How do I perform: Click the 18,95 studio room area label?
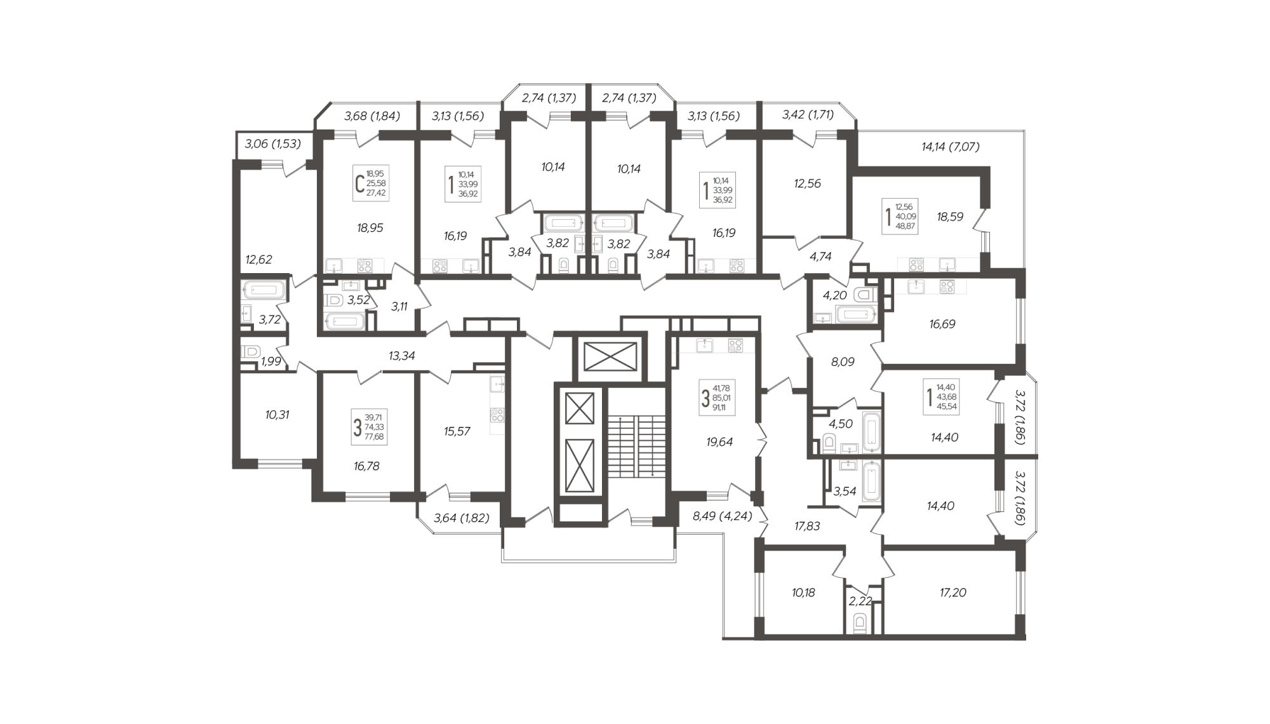(x=370, y=227)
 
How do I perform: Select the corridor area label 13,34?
(x=402, y=356)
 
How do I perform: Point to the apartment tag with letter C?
(x=371, y=184)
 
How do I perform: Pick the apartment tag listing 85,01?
(x=717, y=398)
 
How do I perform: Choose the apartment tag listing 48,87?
(x=900, y=216)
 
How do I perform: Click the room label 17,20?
(x=952, y=593)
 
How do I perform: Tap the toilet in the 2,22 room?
(x=860, y=622)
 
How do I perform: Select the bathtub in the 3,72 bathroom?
(x=264, y=290)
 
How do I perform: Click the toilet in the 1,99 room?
(x=251, y=351)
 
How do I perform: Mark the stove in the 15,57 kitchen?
(x=497, y=415)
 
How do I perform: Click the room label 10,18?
(x=803, y=593)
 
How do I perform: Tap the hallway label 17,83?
(x=807, y=526)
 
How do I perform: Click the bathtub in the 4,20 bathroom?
(x=856, y=314)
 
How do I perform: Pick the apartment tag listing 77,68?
(x=370, y=427)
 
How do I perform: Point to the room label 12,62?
(x=258, y=259)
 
